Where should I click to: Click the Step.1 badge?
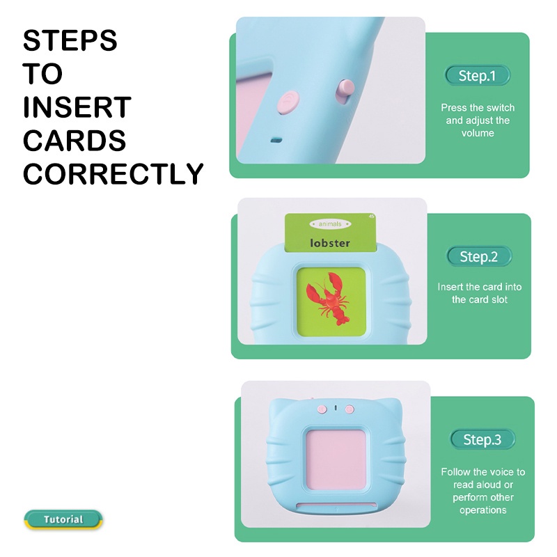point(477,75)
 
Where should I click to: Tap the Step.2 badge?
point(479,256)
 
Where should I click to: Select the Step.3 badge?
point(483,439)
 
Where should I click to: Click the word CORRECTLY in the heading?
point(113,173)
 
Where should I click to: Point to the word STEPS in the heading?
point(70,40)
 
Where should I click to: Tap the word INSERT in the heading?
point(77,107)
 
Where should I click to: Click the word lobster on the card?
point(330,243)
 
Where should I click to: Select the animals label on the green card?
point(330,223)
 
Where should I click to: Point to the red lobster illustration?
point(328,299)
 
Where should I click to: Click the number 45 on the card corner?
point(372,216)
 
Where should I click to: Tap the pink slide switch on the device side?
point(345,91)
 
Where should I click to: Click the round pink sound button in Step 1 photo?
point(288,102)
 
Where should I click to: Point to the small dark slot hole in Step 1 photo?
point(276,141)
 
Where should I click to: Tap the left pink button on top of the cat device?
point(322,409)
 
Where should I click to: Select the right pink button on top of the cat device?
point(350,409)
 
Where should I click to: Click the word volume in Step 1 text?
point(478,133)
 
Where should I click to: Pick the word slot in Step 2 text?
point(499,299)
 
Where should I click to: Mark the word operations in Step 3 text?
point(483,510)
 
